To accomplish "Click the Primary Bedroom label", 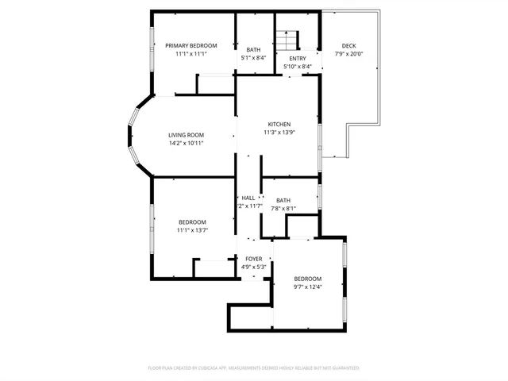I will tap(190, 46).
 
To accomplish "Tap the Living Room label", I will tap(187, 135).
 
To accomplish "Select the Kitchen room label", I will tap(279, 125).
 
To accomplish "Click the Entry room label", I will tap(298, 59).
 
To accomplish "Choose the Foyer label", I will tap(253, 259).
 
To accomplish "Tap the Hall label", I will tap(248, 198).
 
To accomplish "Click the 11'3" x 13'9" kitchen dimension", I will tap(279, 133).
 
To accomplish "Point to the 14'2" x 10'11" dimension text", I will tap(187, 144).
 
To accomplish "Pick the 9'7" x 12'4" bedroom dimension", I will tap(308, 287).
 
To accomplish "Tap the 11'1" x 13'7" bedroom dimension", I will tap(192, 231).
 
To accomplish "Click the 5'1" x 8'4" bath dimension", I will tap(253, 58).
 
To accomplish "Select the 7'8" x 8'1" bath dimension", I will tap(283, 209).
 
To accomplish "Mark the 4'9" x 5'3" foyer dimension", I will tap(253, 267).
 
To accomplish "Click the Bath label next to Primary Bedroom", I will tap(253, 49).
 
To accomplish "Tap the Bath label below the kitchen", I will tap(283, 200).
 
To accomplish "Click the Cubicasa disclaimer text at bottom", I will tap(254, 368).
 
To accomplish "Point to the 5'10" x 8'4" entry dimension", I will tap(298, 67).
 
